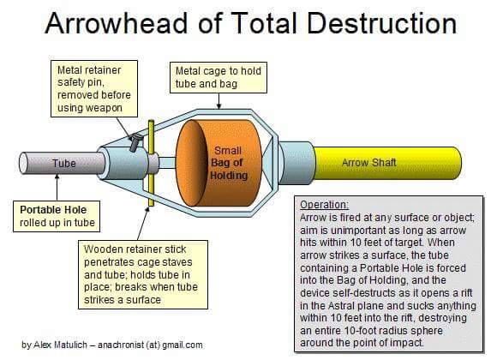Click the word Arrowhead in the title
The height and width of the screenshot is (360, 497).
click(116, 23)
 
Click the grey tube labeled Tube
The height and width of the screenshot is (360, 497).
click(62, 163)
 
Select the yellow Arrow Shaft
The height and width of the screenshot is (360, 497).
click(387, 163)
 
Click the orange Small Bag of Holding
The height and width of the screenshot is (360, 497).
click(219, 163)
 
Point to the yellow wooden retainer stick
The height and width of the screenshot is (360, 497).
click(151, 163)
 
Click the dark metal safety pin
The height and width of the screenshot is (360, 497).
click(135, 142)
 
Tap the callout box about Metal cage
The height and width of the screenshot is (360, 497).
click(219, 77)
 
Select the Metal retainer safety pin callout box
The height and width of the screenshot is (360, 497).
click(94, 89)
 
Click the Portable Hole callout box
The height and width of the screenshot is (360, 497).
click(57, 216)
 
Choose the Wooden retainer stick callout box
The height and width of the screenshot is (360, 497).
click(143, 274)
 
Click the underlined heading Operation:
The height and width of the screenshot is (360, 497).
click(324, 205)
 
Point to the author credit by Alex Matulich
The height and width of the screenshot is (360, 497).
click(112, 345)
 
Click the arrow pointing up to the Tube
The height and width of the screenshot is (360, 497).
click(57, 187)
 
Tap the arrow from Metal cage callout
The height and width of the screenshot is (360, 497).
click(219, 101)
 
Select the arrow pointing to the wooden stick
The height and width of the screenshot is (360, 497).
click(143, 224)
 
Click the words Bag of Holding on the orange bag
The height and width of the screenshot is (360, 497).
click(229, 169)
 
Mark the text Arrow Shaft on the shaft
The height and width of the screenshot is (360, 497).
click(369, 163)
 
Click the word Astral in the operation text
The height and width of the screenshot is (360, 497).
click(345, 305)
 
